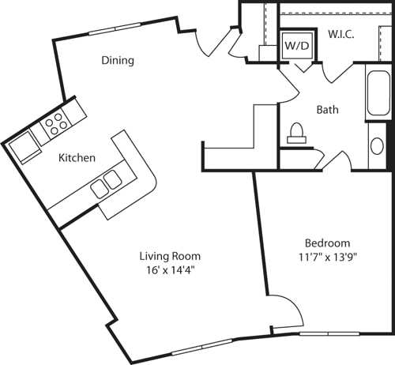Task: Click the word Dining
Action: pyautogui.click(x=117, y=61)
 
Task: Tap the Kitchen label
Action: pyautogui.click(x=77, y=158)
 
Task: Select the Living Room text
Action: pyautogui.click(x=170, y=256)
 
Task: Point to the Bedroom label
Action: pyautogui.click(x=327, y=243)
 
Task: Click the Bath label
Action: pyautogui.click(x=327, y=110)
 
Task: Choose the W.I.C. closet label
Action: pyautogui.click(x=340, y=35)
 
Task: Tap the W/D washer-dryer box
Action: pyautogui.click(x=297, y=46)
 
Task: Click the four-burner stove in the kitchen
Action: pyautogui.click(x=55, y=122)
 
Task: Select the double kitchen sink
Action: pyautogui.click(x=106, y=185)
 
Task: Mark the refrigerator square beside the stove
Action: pyautogui.click(x=23, y=146)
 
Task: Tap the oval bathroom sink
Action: pyautogui.click(x=377, y=146)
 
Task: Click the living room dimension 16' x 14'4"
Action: pyautogui.click(x=170, y=269)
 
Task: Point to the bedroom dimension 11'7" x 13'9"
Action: pyautogui.click(x=327, y=257)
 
